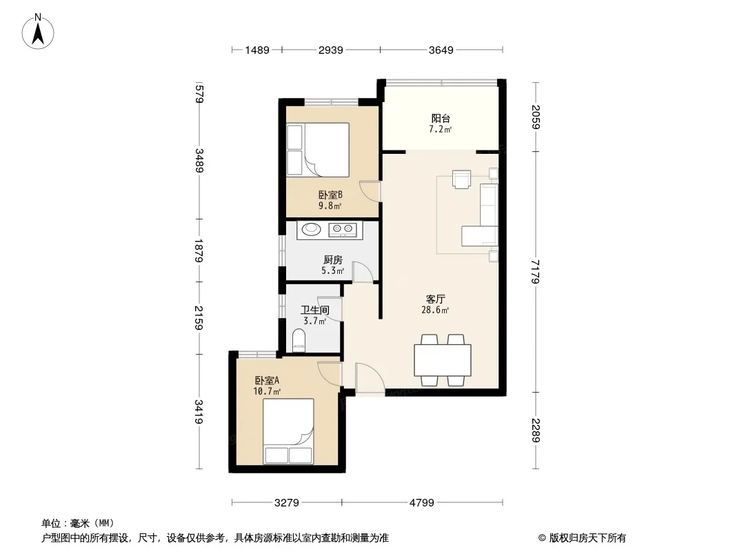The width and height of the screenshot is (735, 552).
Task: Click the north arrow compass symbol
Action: tap(38, 32)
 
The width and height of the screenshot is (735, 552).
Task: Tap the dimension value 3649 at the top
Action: tap(441, 50)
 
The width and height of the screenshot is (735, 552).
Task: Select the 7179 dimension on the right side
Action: tap(536, 272)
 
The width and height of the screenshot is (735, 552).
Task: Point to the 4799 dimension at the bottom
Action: tap(422, 503)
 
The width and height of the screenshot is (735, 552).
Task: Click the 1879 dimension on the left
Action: tap(199, 250)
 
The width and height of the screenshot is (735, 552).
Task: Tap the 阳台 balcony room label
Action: tap(441, 118)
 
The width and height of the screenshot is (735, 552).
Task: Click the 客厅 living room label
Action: tap(436, 299)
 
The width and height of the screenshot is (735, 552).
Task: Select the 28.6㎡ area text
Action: tap(435, 310)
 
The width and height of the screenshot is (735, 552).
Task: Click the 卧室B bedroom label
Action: tap(330, 194)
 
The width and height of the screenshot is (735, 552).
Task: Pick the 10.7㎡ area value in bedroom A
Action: tap(267, 391)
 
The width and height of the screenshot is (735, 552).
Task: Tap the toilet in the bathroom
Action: tap(299, 340)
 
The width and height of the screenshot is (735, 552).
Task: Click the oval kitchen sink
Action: tap(311, 229)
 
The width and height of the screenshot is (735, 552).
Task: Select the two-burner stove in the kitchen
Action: tap(343, 229)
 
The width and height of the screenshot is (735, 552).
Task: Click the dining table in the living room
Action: tap(443, 360)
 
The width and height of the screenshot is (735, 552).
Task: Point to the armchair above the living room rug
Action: tap(461, 179)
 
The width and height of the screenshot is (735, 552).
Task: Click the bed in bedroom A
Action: tap(288, 431)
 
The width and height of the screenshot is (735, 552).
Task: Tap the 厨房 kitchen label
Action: tap(333, 259)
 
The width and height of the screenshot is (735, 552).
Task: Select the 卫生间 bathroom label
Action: tap(315, 310)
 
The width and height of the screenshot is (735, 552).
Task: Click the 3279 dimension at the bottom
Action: tap(286, 503)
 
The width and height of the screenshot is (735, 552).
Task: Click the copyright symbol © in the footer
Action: tap(543, 538)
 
